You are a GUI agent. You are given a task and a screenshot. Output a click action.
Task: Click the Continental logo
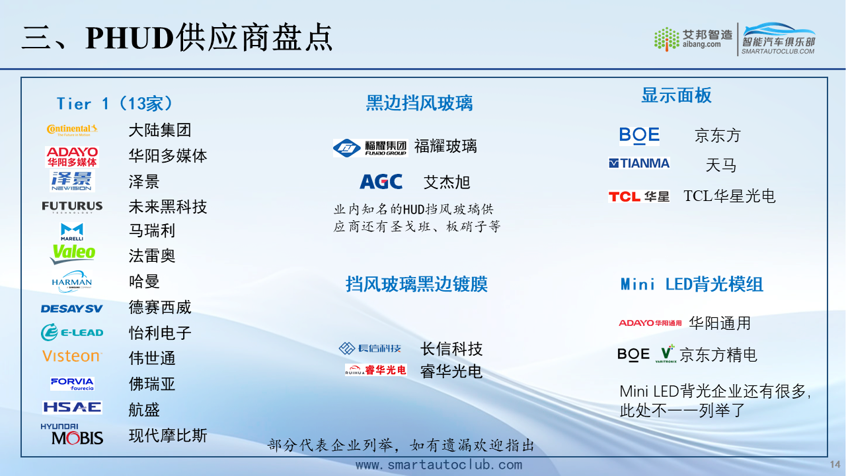72,130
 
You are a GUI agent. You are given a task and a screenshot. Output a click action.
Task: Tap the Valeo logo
73,253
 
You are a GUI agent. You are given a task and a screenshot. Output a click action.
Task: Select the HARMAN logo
72,282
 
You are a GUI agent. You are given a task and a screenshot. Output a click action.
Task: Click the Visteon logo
72,356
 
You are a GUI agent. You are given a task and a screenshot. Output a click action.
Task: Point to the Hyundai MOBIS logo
72,434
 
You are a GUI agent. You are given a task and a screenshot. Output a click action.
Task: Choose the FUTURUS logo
72,207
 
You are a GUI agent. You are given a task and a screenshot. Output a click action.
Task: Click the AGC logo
381,182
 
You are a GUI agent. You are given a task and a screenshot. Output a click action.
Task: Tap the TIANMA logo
639,163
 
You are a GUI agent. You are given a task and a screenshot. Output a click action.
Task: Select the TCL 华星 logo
639,196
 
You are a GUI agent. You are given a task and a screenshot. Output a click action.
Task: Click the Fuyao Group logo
371,147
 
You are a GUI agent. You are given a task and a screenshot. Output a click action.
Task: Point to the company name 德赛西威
160,307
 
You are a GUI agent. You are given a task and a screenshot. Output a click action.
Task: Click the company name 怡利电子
160,333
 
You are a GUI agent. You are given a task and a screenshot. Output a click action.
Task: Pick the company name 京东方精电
718,355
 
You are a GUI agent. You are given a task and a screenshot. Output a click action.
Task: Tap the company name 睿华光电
451,372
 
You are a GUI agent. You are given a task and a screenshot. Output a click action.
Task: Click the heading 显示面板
676,95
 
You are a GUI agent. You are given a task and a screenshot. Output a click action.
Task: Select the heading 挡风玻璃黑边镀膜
416,284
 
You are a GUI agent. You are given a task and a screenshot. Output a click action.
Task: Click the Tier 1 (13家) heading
115,104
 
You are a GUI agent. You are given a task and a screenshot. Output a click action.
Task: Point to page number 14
835,464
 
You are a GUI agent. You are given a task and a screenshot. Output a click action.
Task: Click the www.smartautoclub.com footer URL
439,465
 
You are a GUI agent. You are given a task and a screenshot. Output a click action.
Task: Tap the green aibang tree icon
667,39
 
